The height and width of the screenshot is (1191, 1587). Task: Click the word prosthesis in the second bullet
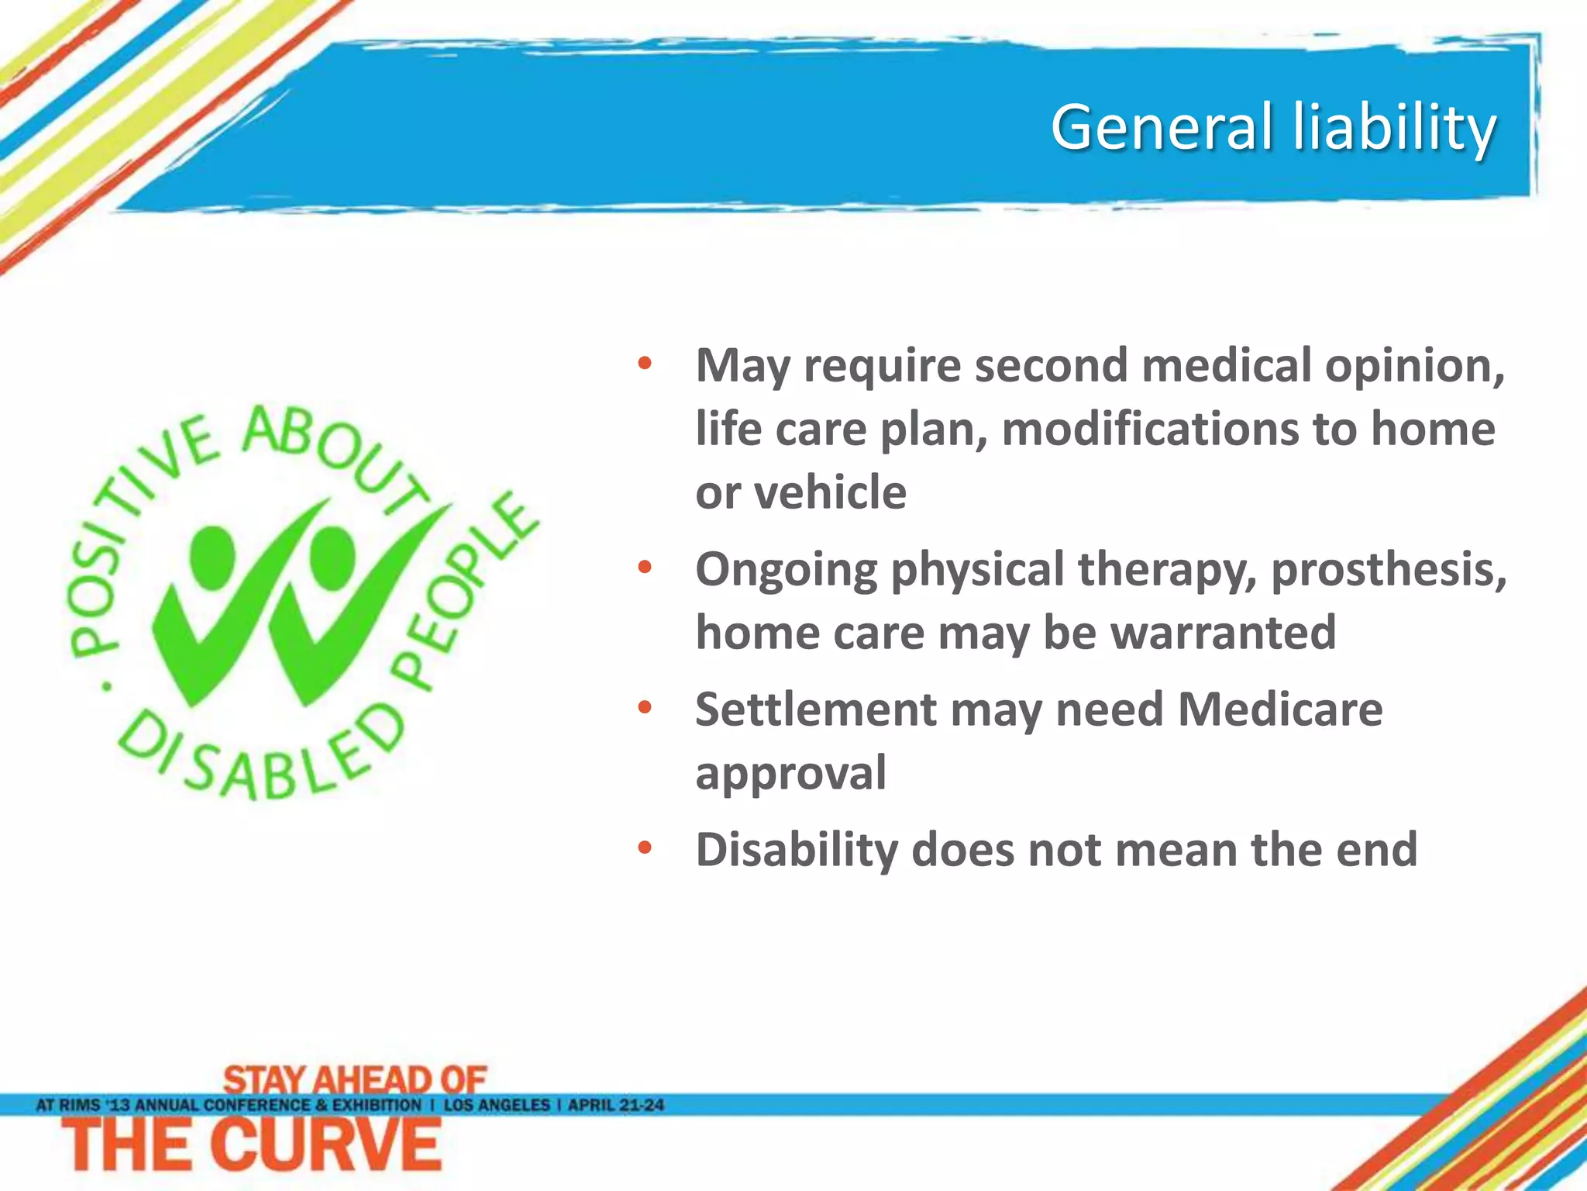[x=1389, y=570]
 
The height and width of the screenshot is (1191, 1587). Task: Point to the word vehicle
[x=830, y=492]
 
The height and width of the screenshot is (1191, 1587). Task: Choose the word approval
[x=790, y=773]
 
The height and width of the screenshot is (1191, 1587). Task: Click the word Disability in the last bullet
[x=796, y=850]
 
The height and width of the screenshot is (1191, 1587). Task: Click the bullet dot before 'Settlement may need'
[x=645, y=708]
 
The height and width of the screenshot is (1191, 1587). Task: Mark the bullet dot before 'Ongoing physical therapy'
[x=645, y=568]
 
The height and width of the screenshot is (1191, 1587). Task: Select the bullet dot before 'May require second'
[x=645, y=364]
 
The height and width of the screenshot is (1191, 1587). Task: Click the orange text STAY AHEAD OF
[x=355, y=1079]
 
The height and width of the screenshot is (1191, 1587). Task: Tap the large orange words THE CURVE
[x=252, y=1146]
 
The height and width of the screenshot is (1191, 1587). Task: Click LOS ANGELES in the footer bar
[x=497, y=1105]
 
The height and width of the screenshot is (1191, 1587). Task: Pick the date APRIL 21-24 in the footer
[x=616, y=1105]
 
